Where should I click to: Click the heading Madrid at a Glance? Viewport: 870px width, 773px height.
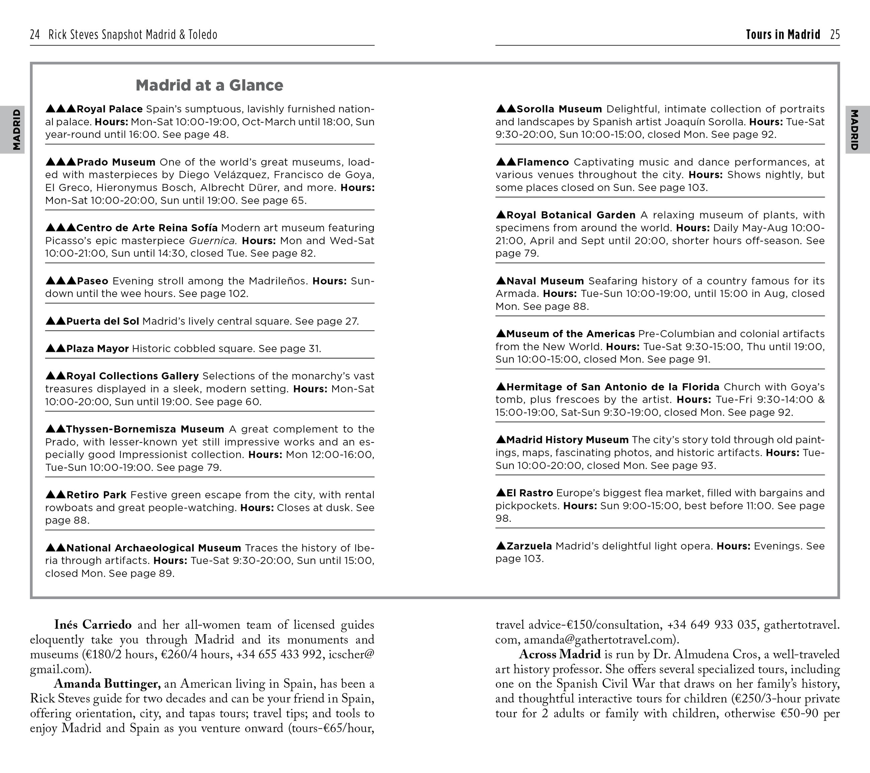click(209, 86)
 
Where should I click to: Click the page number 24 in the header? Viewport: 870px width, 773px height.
click(35, 34)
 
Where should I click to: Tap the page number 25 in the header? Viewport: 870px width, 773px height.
click(835, 34)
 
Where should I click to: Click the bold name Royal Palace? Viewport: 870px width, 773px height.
click(109, 109)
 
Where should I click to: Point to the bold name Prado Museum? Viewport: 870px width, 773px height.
click(116, 163)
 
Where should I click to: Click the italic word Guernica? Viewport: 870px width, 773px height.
click(212, 241)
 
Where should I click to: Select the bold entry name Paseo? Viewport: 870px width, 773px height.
click(92, 281)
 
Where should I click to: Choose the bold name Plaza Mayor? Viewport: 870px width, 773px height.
click(97, 349)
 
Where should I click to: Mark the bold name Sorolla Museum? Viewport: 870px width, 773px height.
click(559, 109)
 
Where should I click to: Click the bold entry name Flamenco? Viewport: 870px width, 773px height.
click(543, 163)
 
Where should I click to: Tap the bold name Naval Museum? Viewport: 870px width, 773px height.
click(545, 281)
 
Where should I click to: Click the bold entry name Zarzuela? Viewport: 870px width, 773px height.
click(529, 546)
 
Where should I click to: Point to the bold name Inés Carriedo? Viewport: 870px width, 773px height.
click(93, 625)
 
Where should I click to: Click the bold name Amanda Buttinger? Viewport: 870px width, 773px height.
click(107, 684)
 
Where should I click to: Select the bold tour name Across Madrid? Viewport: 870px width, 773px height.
click(559, 654)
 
